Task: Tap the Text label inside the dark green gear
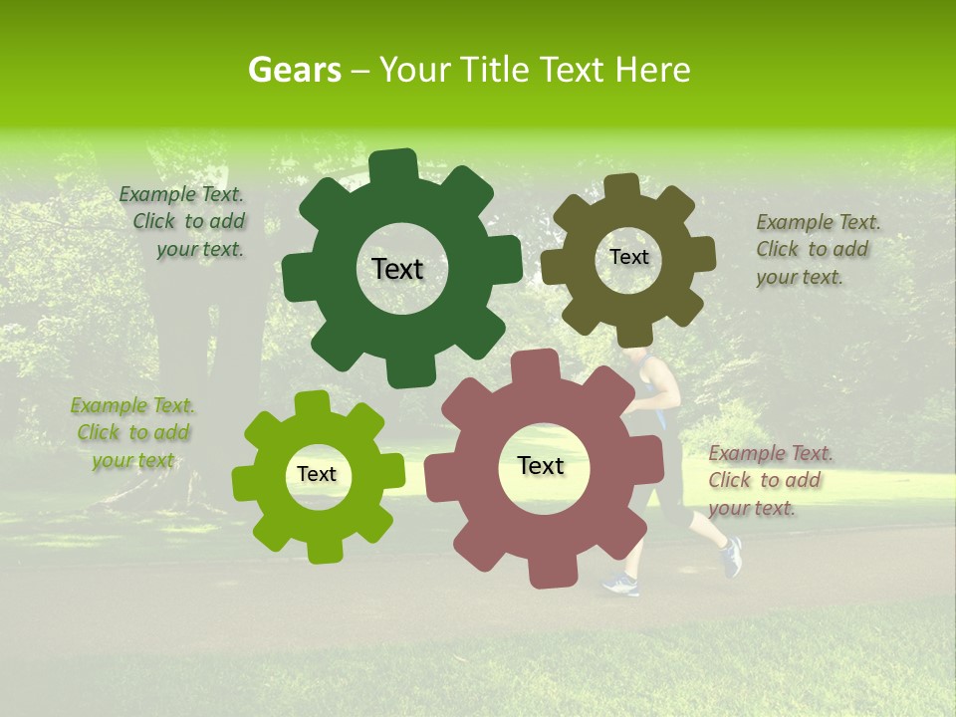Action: click(x=397, y=269)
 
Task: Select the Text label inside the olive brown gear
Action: click(x=628, y=257)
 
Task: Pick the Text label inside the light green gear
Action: click(x=317, y=474)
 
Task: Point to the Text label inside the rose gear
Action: click(x=541, y=465)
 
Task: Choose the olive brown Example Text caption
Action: click(x=817, y=249)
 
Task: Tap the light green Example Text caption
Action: click(x=132, y=432)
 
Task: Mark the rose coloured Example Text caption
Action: click(x=769, y=480)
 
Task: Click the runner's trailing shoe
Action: click(x=732, y=558)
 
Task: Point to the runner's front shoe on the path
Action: click(x=619, y=585)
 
